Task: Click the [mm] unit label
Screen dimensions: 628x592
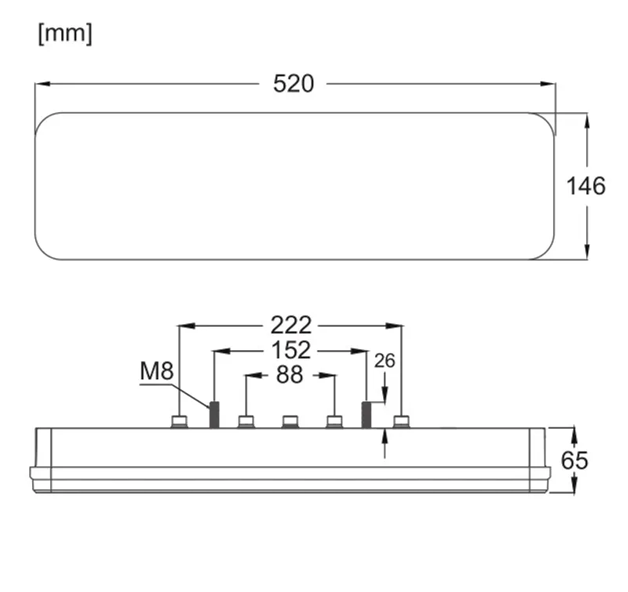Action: (x=65, y=34)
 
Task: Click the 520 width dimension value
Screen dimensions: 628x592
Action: (x=294, y=84)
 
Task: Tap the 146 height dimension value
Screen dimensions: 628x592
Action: (x=586, y=186)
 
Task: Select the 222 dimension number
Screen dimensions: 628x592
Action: (x=291, y=325)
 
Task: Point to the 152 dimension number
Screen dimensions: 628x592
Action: (x=291, y=350)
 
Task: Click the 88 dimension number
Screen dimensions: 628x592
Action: (x=289, y=375)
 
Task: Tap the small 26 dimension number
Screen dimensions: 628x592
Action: (x=385, y=361)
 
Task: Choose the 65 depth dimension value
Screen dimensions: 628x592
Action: (x=575, y=461)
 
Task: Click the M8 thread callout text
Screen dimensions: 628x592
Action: (x=157, y=371)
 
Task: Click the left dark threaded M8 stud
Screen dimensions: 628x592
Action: (x=214, y=415)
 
